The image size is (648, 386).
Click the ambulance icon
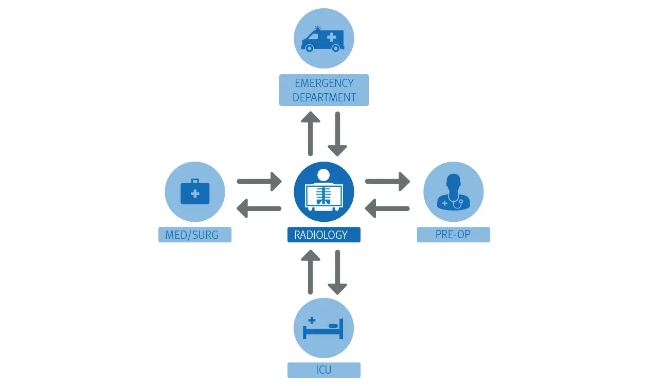(x=323, y=39)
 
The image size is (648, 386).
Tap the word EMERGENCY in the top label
(x=324, y=83)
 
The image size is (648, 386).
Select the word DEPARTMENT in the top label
(x=324, y=97)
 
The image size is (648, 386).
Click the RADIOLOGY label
(x=323, y=235)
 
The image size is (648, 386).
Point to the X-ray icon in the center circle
(x=324, y=191)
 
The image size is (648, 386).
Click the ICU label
(x=324, y=370)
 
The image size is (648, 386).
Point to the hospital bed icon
(x=323, y=328)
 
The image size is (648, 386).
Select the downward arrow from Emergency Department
(x=337, y=133)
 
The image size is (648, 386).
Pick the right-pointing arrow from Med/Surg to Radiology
(x=259, y=181)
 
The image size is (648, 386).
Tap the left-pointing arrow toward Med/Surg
(x=259, y=208)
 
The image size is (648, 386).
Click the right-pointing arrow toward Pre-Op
(x=387, y=181)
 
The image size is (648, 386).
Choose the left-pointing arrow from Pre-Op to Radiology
(x=387, y=208)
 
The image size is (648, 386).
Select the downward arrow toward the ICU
(x=337, y=272)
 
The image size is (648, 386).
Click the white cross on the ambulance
(x=332, y=37)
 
